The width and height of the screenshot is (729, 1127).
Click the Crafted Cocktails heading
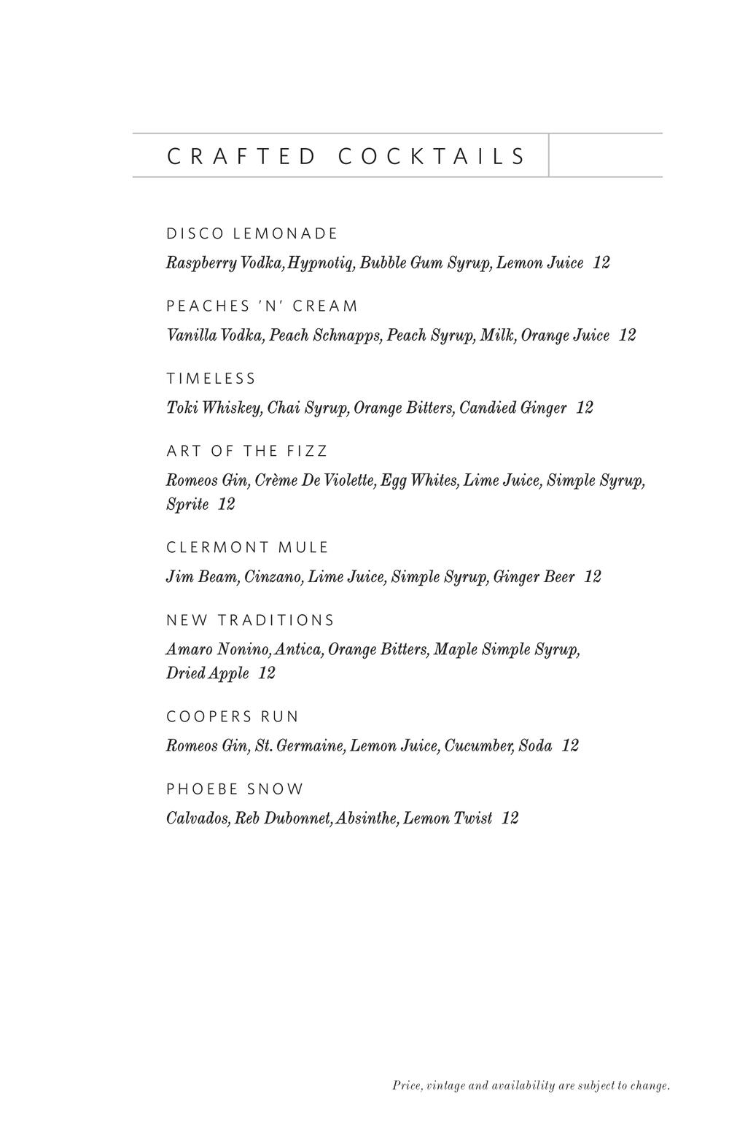[346, 156]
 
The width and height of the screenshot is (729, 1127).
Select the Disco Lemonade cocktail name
[252, 234]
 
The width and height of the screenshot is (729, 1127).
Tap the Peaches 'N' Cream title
[262, 306]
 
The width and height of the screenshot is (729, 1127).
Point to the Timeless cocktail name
[211, 379]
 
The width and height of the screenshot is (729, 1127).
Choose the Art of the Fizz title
[247, 452]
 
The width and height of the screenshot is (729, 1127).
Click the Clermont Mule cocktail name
[248, 548]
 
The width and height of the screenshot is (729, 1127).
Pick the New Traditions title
[250, 620]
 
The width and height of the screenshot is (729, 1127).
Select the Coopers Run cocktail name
[233, 717]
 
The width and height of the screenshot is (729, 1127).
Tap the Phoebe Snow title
[235, 789]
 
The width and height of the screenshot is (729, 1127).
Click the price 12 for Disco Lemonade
[601, 263]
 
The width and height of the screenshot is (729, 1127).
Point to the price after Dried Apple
[267, 673]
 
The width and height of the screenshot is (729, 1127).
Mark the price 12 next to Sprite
[227, 504]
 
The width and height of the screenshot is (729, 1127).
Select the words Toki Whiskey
[214, 408]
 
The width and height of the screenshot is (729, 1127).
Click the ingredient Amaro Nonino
[218, 649]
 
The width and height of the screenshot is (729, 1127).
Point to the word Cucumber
[478, 746]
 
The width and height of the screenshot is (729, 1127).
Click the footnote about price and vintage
[531, 1086]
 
